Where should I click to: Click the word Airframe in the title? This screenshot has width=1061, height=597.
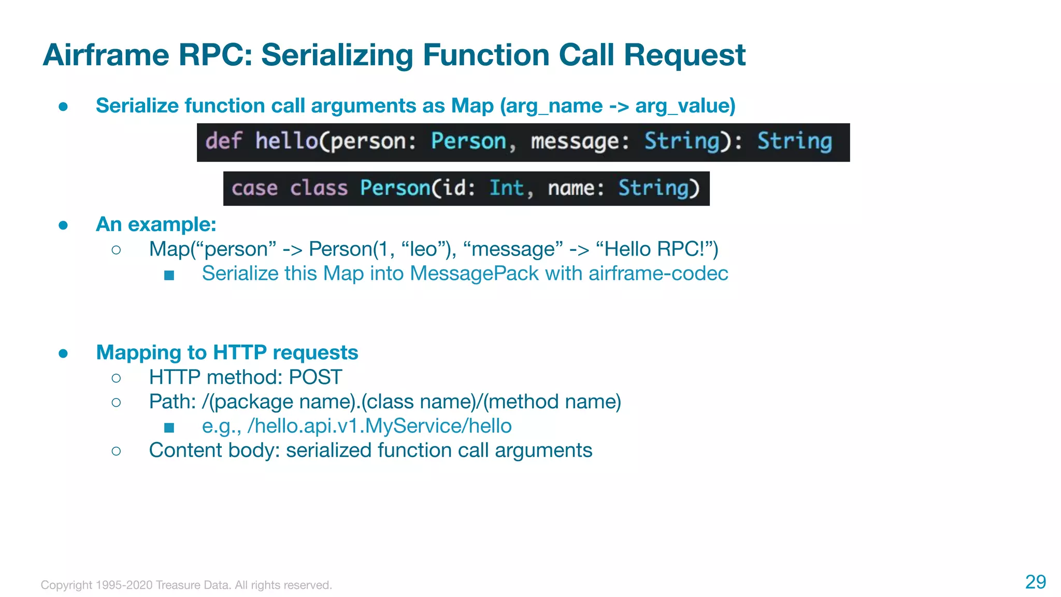[106, 55]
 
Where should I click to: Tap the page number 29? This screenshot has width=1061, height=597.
[1035, 582]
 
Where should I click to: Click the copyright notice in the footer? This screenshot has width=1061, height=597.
[186, 585]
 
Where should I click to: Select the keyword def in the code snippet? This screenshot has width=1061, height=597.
[223, 141]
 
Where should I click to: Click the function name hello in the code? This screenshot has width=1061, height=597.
[286, 141]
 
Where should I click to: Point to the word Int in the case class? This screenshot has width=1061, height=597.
[506, 188]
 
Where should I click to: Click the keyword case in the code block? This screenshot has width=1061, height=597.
[254, 188]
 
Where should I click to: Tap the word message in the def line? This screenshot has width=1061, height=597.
[574, 141]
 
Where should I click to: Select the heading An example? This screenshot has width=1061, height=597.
[156, 224]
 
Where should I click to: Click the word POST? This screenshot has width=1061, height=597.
[315, 377]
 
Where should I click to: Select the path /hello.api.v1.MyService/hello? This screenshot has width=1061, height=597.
[379, 426]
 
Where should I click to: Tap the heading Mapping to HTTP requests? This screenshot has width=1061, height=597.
[227, 352]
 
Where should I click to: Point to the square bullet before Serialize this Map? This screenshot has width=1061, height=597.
[169, 275]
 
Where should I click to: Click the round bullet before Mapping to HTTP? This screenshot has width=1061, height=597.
[63, 353]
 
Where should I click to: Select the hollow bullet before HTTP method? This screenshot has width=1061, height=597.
[116, 378]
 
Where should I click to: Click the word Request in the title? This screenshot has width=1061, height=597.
[684, 55]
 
